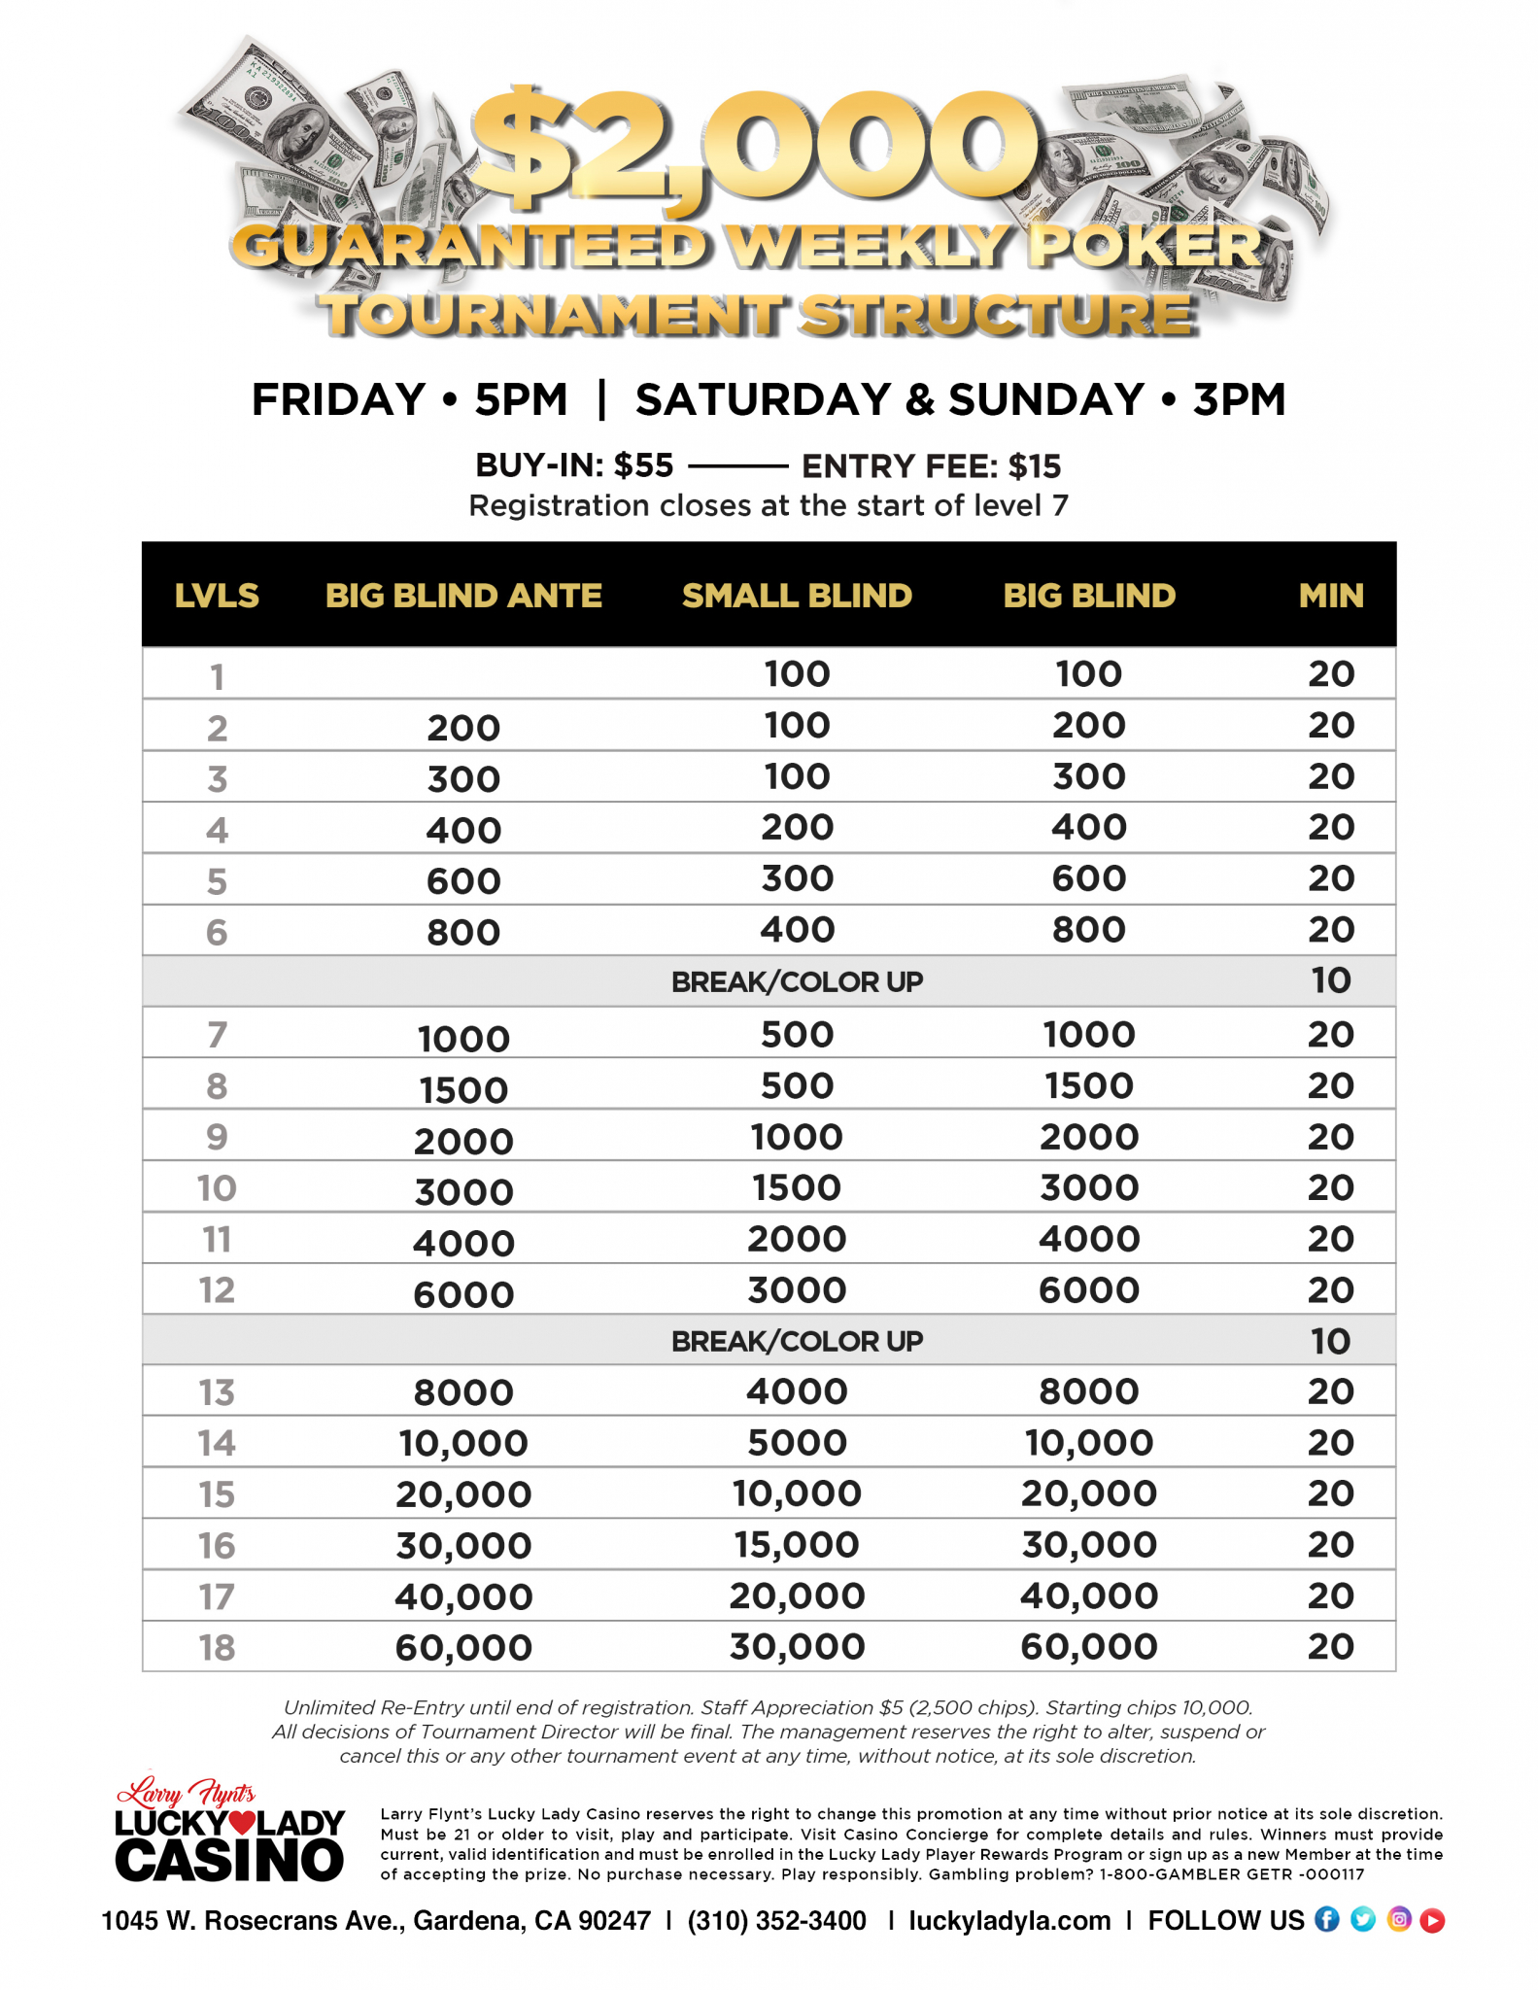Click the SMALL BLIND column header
pos(797,596)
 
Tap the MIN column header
pos(1331,596)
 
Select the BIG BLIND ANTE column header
pos(463,596)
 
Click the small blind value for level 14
pos(797,1443)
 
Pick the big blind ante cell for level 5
pos(463,881)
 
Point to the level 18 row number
pos(217,1648)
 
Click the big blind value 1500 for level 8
pos(1089,1085)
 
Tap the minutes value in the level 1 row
pos(1331,674)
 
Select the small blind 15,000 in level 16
pos(797,1545)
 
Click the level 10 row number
pos(217,1188)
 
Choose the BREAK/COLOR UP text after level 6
pos(797,982)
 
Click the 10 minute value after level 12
pos(1331,1342)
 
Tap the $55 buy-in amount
pos(643,466)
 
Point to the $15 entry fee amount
pos(1035,466)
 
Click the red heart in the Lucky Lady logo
pos(242,1823)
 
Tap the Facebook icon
pos(1326,1919)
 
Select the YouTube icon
pos(1432,1920)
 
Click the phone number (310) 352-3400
pos(776,1921)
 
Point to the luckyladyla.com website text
pos(1009,1921)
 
